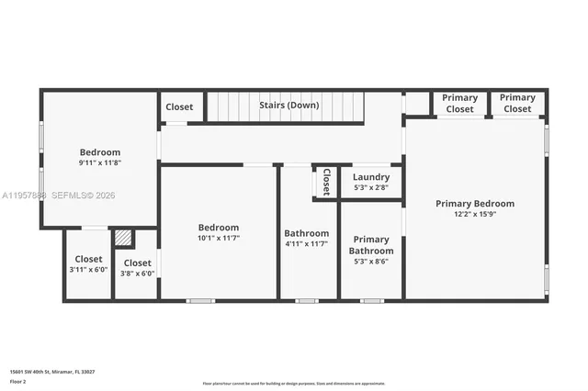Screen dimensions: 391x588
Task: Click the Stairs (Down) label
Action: coord(288,106)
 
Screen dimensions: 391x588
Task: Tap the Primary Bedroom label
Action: coord(474,204)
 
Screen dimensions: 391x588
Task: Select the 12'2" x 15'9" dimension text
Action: coord(474,216)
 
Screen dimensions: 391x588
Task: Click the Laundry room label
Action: coord(371,177)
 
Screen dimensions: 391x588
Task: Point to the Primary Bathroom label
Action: coord(371,245)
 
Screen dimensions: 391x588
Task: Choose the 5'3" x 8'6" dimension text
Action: coord(371,261)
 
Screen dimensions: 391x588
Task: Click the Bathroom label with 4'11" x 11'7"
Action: coord(306,233)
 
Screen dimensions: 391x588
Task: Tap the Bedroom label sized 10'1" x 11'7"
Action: coord(219,228)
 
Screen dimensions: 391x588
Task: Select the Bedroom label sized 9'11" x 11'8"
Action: coord(99,152)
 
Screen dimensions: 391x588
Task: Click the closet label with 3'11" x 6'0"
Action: coord(88,259)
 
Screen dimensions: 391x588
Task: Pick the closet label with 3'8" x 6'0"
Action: coord(137,263)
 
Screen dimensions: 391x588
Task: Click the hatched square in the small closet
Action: coord(123,238)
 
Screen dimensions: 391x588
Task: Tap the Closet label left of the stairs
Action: coord(179,106)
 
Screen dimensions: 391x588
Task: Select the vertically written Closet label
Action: coord(325,181)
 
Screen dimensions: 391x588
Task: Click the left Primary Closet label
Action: coord(459,103)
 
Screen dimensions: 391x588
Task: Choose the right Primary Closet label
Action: coord(517,103)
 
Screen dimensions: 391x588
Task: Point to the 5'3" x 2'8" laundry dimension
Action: coord(371,188)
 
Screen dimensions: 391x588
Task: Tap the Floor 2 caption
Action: coord(17,381)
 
